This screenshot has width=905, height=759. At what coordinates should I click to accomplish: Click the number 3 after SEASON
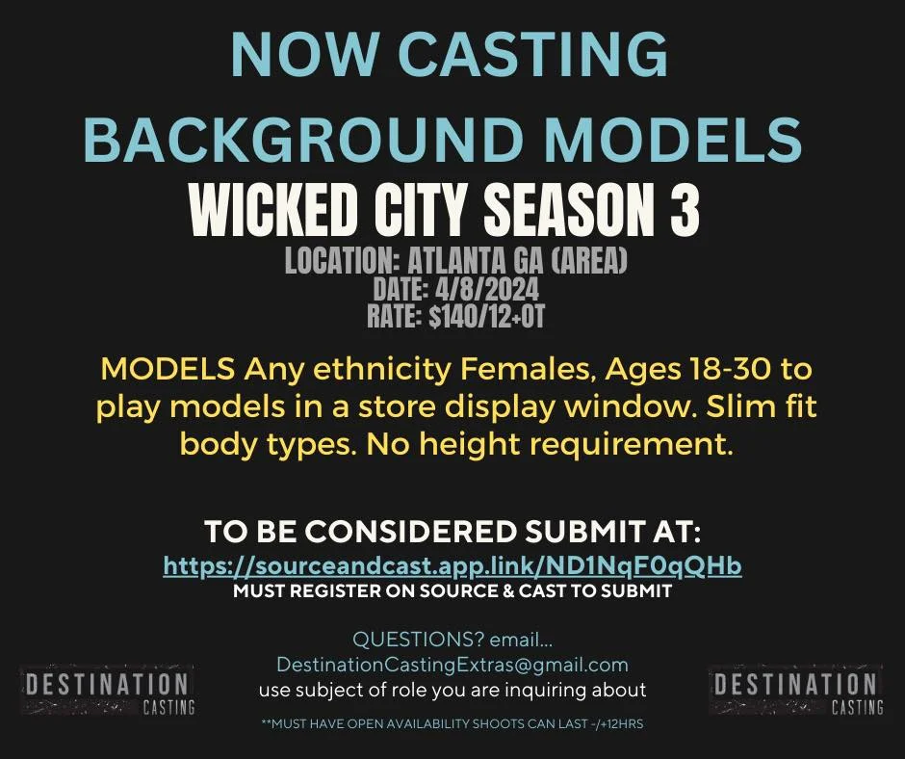(685, 210)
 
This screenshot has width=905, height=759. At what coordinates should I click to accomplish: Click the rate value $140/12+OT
(486, 316)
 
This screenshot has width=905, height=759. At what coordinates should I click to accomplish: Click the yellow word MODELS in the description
(168, 369)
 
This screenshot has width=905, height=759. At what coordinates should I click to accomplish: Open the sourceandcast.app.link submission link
(452, 566)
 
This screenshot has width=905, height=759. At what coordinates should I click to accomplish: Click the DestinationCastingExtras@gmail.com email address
(452, 665)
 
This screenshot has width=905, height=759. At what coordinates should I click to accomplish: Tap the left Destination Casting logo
(108, 691)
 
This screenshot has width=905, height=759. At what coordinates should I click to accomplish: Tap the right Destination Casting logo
(796, 691)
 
